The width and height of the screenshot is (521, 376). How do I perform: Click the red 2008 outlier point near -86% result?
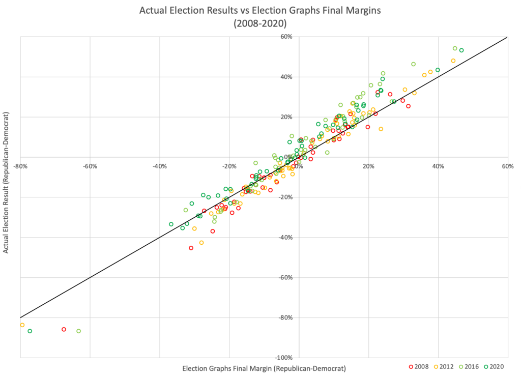tap(64, 329)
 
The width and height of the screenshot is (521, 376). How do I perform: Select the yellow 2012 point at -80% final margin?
tap(22, 325)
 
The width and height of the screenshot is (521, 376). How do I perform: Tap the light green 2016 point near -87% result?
tap(78, 331)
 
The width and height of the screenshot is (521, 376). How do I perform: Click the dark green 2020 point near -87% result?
tap(30, 331)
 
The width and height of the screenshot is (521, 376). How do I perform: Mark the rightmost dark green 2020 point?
tap(461, 50)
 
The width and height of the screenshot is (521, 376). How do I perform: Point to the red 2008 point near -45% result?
tap(191, 248)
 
